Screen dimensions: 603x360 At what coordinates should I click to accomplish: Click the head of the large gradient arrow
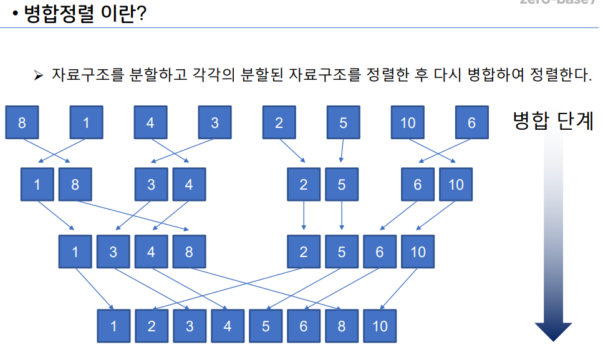click(553, 331)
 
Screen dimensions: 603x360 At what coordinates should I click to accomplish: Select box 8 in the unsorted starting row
click(22, 122)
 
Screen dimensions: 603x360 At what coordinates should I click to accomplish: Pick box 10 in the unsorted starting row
click(407, 122)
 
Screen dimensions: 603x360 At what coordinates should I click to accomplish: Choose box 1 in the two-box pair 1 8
click(37, 185)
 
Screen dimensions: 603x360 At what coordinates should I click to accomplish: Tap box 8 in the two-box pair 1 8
click(75, 185)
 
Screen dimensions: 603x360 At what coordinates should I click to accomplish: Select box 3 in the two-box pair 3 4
click(152, 185)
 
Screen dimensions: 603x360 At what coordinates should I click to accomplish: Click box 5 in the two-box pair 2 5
click(341, 185)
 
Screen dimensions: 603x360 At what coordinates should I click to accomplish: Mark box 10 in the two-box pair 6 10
click(456, 185)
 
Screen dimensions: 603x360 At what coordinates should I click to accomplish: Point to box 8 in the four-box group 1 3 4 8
click(189, 252)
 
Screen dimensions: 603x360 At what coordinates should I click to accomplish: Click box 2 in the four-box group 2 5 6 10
click(304, 252)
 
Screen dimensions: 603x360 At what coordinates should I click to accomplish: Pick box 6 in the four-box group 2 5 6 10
click(379, 252)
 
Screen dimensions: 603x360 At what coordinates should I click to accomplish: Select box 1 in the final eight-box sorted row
click(113, 326)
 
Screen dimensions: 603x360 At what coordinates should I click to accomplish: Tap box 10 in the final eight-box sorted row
click(380, 326)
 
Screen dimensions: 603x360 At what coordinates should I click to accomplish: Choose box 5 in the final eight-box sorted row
click(266, 326)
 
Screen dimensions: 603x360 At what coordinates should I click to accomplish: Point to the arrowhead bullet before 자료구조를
click(38, 75)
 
